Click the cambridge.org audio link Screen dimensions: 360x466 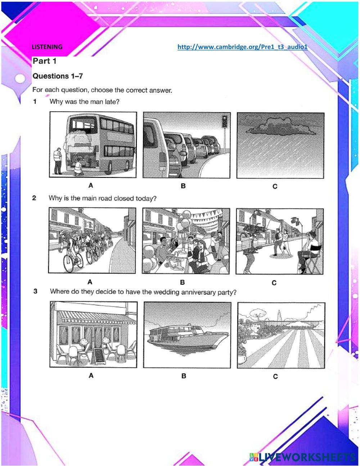[242, 47]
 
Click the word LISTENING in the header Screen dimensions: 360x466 [47, 47]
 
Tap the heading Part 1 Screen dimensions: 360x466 [44, 61]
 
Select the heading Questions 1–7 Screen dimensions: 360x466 [58, 76]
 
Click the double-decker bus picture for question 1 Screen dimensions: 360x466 [93, 144]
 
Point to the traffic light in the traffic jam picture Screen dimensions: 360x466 [225, 121]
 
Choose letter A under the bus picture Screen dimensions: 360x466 [91, 185]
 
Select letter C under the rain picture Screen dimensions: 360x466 [275, 186]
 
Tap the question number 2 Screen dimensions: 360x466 [34, 198]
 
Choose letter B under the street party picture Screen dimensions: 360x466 [183, 282]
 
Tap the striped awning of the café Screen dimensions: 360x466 [97, 317]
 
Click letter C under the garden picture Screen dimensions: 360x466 [275, 377]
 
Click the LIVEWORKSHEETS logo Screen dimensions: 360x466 [302, 457]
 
